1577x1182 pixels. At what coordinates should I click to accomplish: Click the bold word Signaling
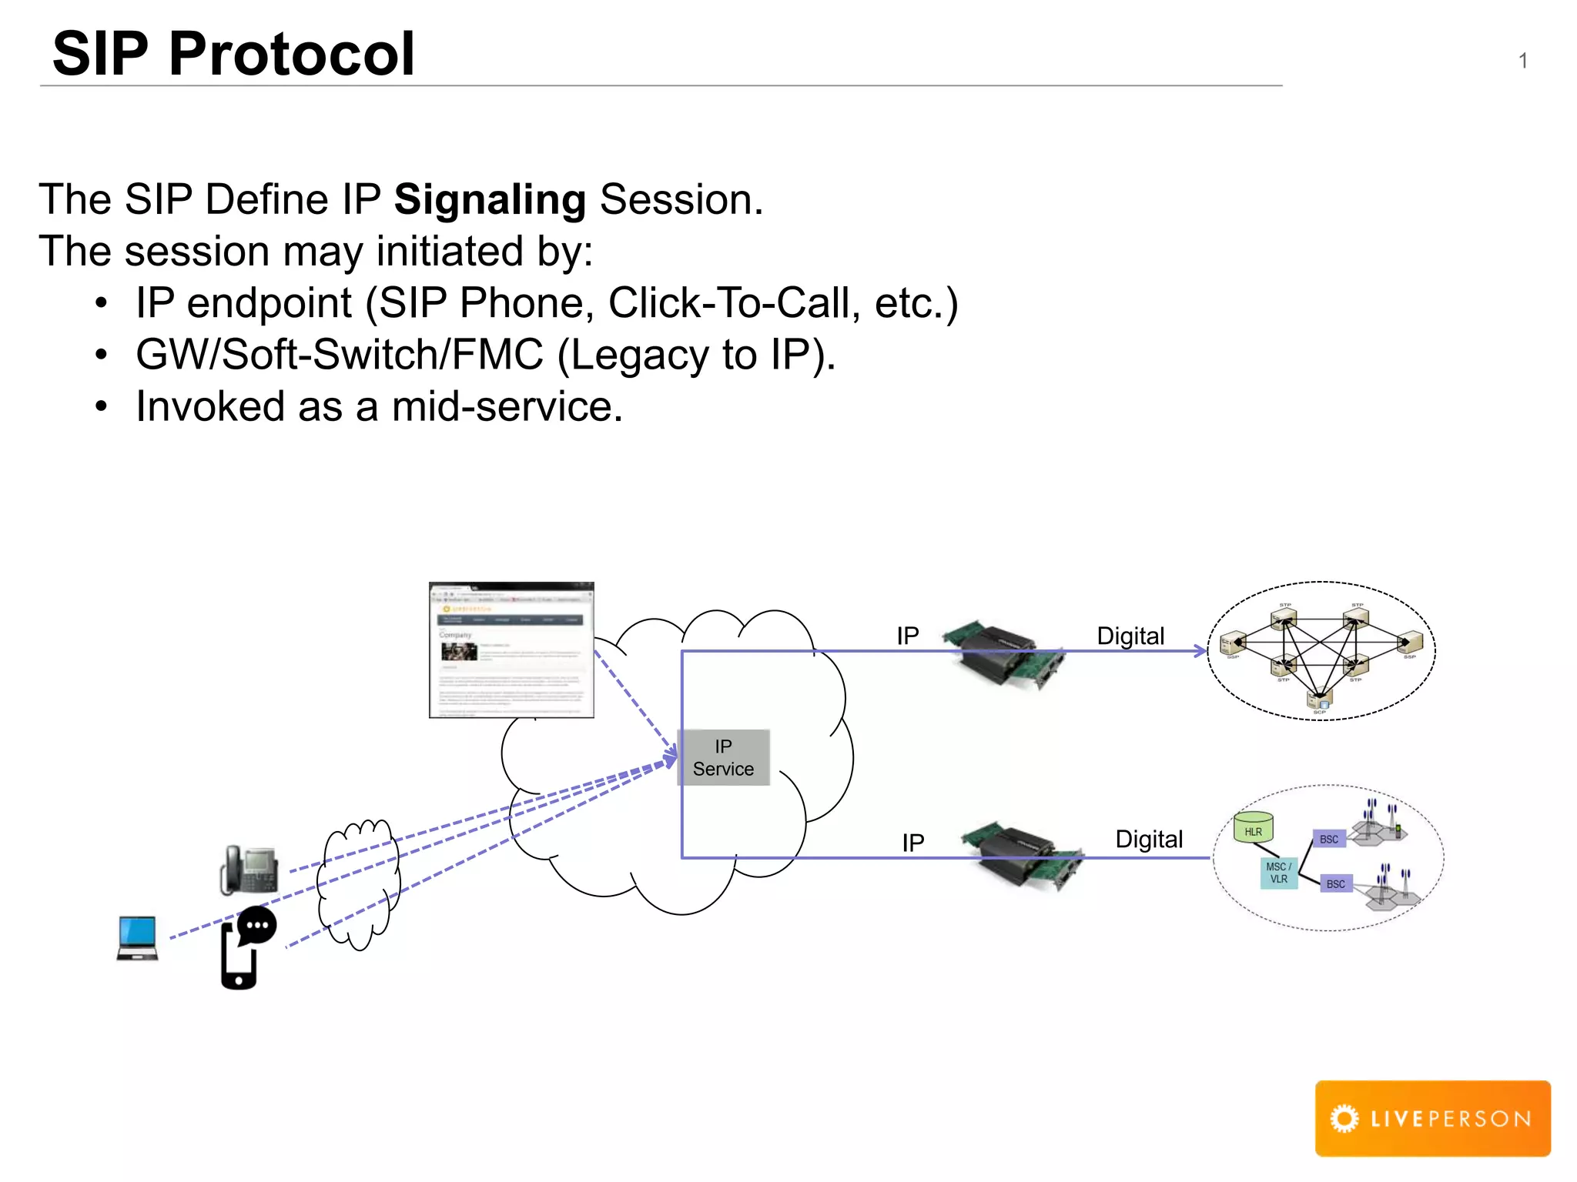[490, 200]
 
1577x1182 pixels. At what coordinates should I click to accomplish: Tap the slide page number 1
[1522, 61]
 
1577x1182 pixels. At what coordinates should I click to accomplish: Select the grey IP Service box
[723, 757]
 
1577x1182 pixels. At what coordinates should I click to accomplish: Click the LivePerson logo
[1432, 1117]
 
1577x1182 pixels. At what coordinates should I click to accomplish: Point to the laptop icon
[138, 937]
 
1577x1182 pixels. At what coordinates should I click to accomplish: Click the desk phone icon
[249, 870]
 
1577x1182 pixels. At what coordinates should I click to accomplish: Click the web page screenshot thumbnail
[511, 649]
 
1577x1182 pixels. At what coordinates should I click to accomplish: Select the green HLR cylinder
[1253, 828]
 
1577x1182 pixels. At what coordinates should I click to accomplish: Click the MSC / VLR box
[1278, 873]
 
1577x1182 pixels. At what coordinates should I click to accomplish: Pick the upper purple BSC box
[1329, 839]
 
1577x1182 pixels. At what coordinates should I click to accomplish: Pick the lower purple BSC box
[1336, 883]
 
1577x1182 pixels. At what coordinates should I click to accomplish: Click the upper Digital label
[1130, 636]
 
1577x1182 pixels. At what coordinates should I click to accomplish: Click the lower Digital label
[1148, 839]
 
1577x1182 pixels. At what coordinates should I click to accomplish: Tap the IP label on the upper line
[907, 636]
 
